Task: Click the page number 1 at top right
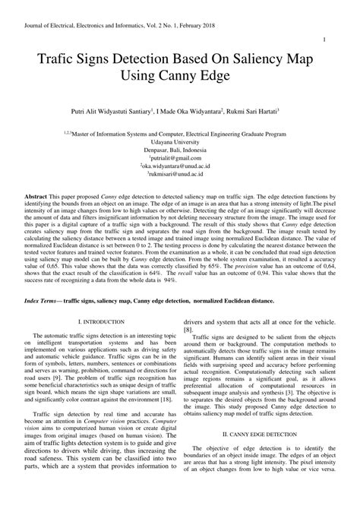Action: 325,40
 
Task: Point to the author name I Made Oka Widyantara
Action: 189,111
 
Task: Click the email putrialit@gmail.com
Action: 180,158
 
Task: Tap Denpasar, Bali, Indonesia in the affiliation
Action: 180,150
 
